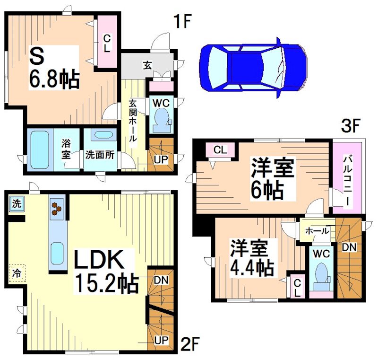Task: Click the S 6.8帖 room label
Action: (53, 68)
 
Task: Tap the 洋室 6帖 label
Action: (273, 179)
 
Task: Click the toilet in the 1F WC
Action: (160, 120)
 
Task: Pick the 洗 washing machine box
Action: (16, 204)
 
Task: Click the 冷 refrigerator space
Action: (17, 272)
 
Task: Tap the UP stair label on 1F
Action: (161, 159)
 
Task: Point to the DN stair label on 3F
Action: (350, 247)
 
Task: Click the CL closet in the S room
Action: (107, 43)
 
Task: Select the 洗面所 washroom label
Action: (99, 154)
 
